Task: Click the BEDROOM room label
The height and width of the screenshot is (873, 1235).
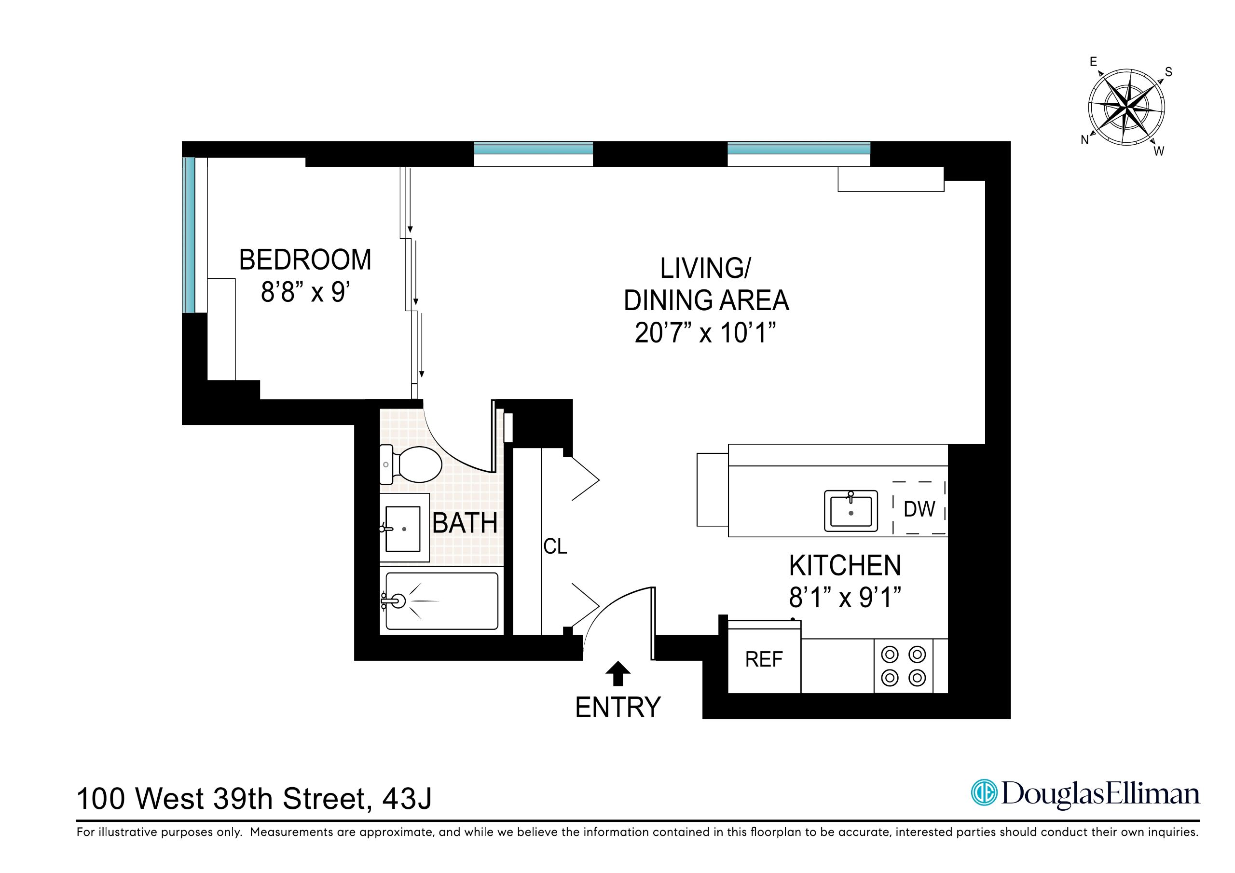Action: click(x=305, y=260)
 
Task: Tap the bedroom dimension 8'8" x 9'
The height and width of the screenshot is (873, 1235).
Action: click(x=305, y=293)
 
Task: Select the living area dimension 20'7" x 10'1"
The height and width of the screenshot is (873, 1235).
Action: click(x=705, y=333)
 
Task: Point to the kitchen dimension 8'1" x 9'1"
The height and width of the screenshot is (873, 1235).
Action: click(x=845, y=597)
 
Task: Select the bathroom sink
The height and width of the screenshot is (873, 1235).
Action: click(x=403, y=528)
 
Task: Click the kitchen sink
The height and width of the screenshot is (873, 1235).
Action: click(x=851, y=510)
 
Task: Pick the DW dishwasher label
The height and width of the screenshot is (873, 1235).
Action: click(x=919, y=509)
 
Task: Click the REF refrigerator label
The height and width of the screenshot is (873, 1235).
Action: click(x=763, y=659)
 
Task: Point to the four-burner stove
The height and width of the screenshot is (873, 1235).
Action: click(x=903, y=666)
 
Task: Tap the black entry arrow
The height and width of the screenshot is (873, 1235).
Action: click(x=617, y=673)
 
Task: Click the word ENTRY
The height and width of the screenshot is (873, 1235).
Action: click(x=617, y=708)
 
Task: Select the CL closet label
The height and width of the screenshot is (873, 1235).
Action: click(x=555, y=546)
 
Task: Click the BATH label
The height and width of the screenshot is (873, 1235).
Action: click(x=465, y=523)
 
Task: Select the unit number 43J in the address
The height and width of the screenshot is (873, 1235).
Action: click(x=407, y=799)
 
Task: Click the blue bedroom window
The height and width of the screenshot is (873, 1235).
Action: click(x=188, y=234)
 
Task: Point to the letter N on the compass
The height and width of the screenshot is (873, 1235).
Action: click(x=1084, y=140)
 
